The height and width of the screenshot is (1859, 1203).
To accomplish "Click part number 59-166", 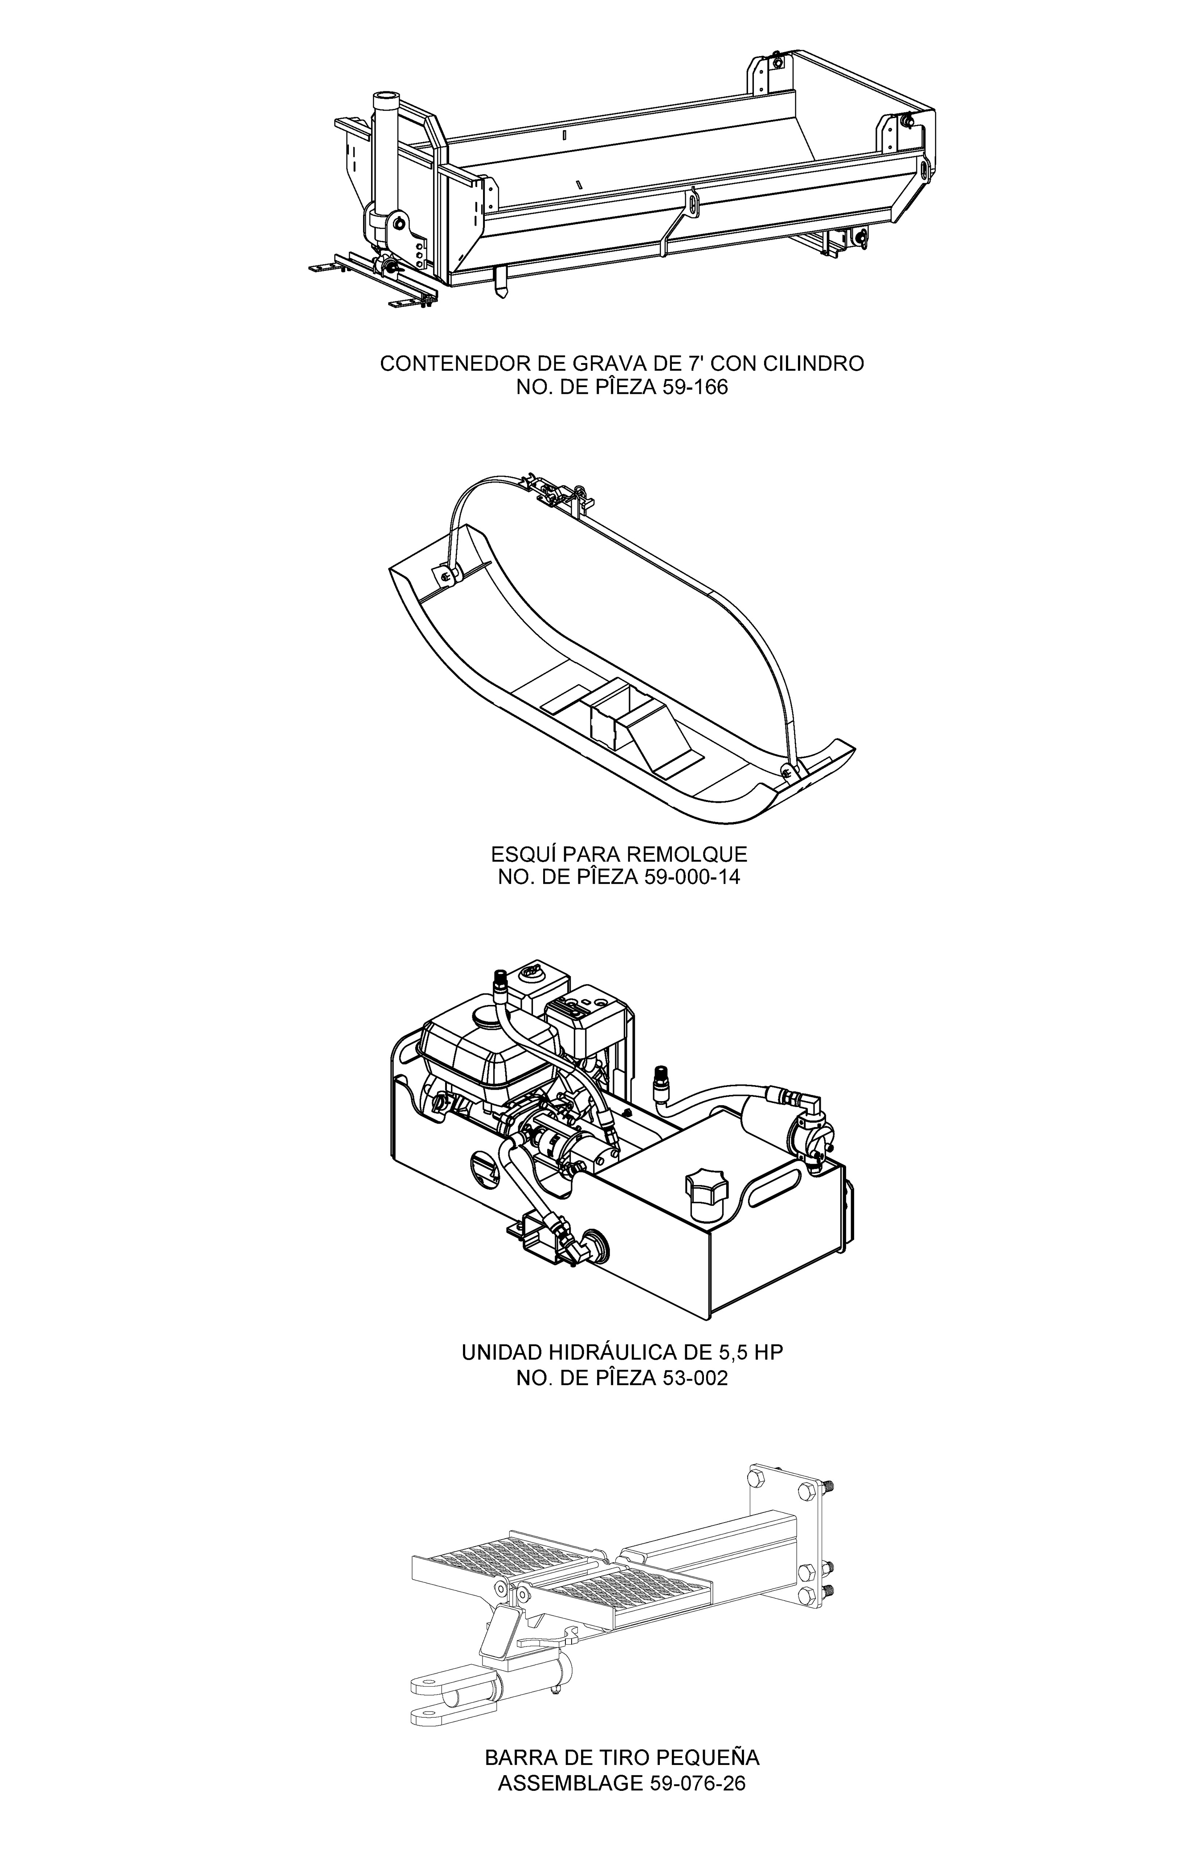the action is (x=695, y=388).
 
